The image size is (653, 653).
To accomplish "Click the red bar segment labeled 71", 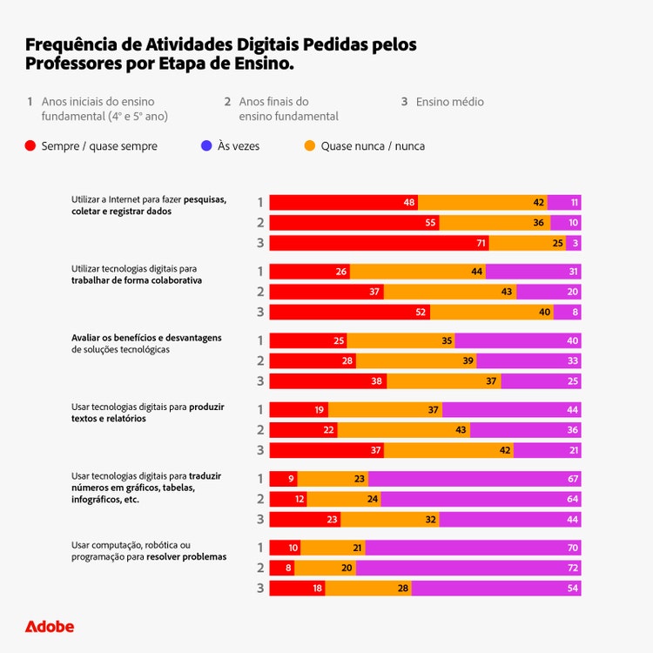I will (x=379, y=243).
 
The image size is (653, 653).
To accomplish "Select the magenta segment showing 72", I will (x=468, y=568).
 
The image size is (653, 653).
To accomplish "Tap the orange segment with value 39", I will (x=415, y=360).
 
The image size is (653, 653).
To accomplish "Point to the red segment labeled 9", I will (x=283, y=478).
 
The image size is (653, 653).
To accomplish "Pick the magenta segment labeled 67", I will (x=475, y=478).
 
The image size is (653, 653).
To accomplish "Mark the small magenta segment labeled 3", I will (x=574, y=243).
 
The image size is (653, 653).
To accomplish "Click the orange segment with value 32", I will (x=389, y=519).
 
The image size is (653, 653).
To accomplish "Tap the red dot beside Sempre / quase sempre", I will (x=30, y=146).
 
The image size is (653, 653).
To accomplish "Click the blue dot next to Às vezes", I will (x=206, y=146).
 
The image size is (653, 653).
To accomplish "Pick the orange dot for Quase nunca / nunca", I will (x=309, y=146).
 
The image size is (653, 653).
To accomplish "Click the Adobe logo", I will (x=49, y=626).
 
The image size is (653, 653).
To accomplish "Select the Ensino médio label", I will (x=449, y=102).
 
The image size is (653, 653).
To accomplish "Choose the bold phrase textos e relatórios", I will (x=109, y=418).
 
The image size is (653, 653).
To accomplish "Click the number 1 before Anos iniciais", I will (x=30, y=102).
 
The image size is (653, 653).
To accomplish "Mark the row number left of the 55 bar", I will (x=260, y=222).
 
